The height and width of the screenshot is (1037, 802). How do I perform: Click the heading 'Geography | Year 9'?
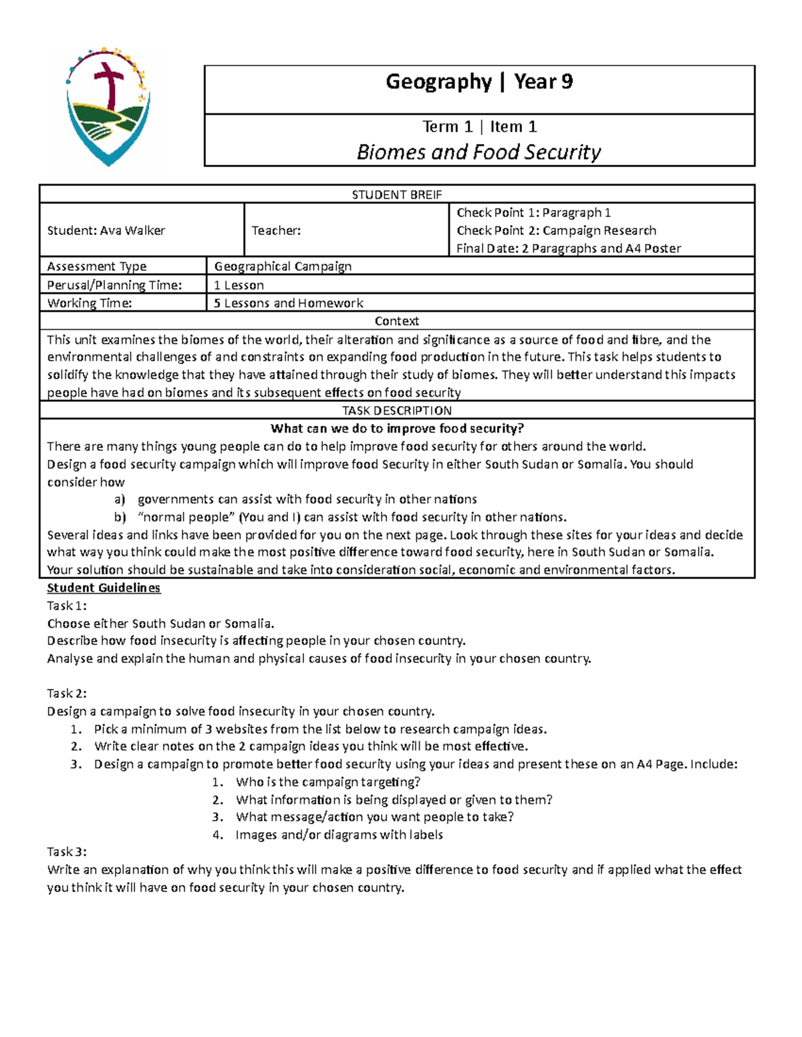coord(479,81)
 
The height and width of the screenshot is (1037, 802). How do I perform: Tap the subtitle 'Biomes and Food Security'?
coord(479,152)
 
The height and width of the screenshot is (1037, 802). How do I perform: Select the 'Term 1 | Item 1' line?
coord(479,126)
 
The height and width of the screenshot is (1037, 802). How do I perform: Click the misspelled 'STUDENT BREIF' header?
coord(396,194)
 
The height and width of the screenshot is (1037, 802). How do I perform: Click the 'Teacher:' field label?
coord(276,230)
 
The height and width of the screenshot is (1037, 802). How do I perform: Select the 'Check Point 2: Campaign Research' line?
coord(556,230)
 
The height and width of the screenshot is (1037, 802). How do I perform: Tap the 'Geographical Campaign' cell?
coord(283,266)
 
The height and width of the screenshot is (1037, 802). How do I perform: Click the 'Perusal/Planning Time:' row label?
coord(114,285)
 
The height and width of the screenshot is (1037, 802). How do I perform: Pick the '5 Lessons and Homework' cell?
coord(288,303)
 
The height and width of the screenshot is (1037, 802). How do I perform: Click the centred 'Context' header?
coord(396,321)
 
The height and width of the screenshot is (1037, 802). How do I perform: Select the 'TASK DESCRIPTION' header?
coord(396,411)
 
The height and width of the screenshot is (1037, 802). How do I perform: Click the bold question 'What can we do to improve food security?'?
coord(396,429)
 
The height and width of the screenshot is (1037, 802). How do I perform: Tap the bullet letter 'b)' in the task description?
coord(120,517)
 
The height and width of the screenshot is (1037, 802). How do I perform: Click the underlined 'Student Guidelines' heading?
coord(104,588)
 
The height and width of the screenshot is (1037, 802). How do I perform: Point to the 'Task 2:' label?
coord(67,693)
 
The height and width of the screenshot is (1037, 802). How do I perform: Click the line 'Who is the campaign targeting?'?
coord(327,782)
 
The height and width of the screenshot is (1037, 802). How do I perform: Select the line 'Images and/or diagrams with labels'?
coord(339,835)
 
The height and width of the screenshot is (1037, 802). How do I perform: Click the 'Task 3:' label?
coord(67,851)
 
